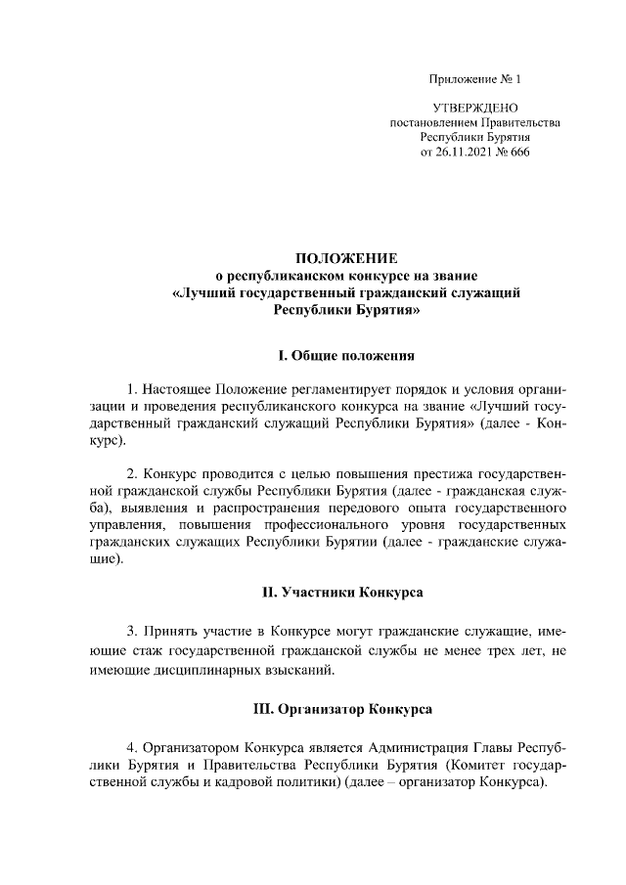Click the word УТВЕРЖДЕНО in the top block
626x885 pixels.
[475, 107]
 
